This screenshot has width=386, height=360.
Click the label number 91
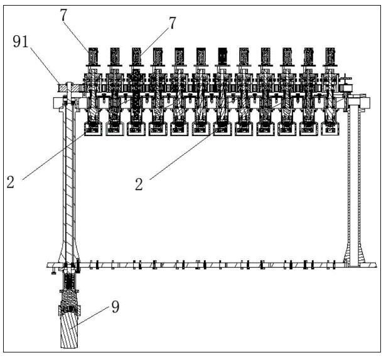click(x=21, y=41)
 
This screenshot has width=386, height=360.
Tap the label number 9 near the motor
click(x=115, y=307)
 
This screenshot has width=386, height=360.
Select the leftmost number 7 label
click(x=63, y=15)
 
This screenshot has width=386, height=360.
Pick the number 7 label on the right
click(x=173, y=23)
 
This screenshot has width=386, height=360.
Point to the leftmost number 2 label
click(x=10, y=182)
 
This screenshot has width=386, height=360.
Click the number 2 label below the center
click(x=139, y=184)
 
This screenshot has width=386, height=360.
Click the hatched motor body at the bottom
click(x=70, y=331)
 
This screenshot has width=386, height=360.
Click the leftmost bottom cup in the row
click(x=94, y=129)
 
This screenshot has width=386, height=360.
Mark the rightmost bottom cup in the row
click(x=330, y=129)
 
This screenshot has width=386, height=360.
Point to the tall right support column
click(x=354, y=182)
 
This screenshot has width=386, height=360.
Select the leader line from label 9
click(x=89, y=317)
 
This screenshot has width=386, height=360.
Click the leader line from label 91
click(x=45, y=65)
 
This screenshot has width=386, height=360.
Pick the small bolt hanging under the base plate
click(x=53, y=272)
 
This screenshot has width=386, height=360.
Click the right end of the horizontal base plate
click(x=377, y=265)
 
